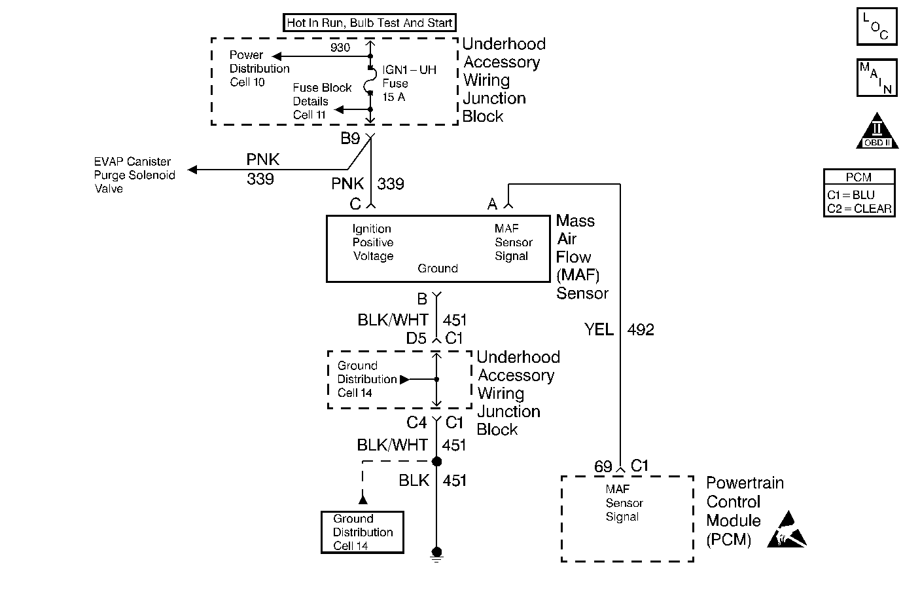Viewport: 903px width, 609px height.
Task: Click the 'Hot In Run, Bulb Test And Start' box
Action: click(370, 23)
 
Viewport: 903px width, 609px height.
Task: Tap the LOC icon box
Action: click(876, 27)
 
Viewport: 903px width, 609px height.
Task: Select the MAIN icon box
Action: click(876, 77)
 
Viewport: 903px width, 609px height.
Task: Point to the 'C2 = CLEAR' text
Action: click(859, 209)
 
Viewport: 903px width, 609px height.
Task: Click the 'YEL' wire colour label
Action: click(599, 329)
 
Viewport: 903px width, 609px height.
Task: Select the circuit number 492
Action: click(641, 329)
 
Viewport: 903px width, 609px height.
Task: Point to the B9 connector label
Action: click(350, 139)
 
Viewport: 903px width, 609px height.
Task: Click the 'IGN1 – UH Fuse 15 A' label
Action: click(408, 83)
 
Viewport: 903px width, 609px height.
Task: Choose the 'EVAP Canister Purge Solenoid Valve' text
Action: click(134, 175)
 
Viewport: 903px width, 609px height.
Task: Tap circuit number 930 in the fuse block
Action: click(340, 48)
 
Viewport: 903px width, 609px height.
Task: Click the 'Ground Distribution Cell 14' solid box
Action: click(363, 532)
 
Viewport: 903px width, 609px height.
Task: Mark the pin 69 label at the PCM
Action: click(603, 467)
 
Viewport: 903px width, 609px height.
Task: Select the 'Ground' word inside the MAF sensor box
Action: click(438, 268)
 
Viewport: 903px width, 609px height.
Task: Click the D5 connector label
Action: click(416, 339)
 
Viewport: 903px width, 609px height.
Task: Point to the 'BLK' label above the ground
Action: click(414, 481)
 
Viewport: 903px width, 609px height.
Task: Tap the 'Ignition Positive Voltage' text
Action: click(373, 242)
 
